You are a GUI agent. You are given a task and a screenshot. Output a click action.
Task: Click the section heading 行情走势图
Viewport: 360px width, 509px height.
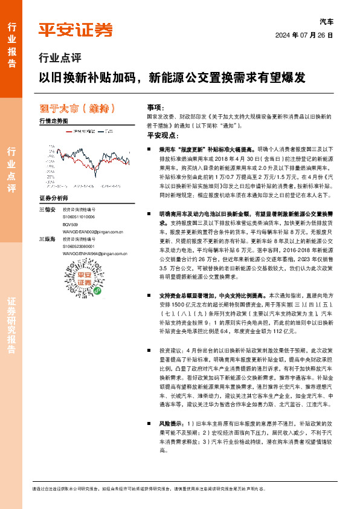pos(53,121)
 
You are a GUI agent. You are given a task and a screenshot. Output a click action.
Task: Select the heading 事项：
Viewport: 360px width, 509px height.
pos(155,106)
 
